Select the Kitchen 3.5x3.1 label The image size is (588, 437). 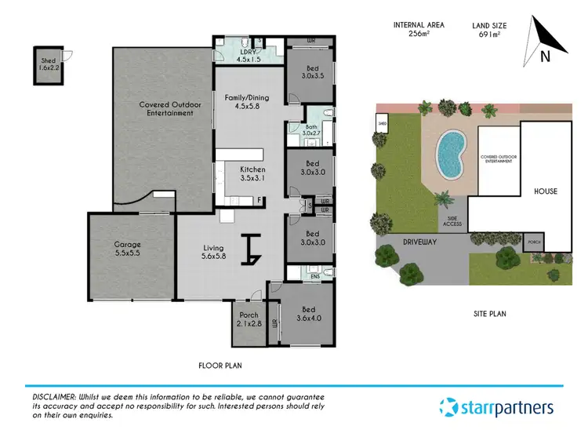(x=252, y=174)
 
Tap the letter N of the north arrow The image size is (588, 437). (x=543, y=56)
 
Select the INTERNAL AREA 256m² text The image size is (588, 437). (x=419, y=30)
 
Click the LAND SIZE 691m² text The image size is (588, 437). (x=489, y=30)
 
